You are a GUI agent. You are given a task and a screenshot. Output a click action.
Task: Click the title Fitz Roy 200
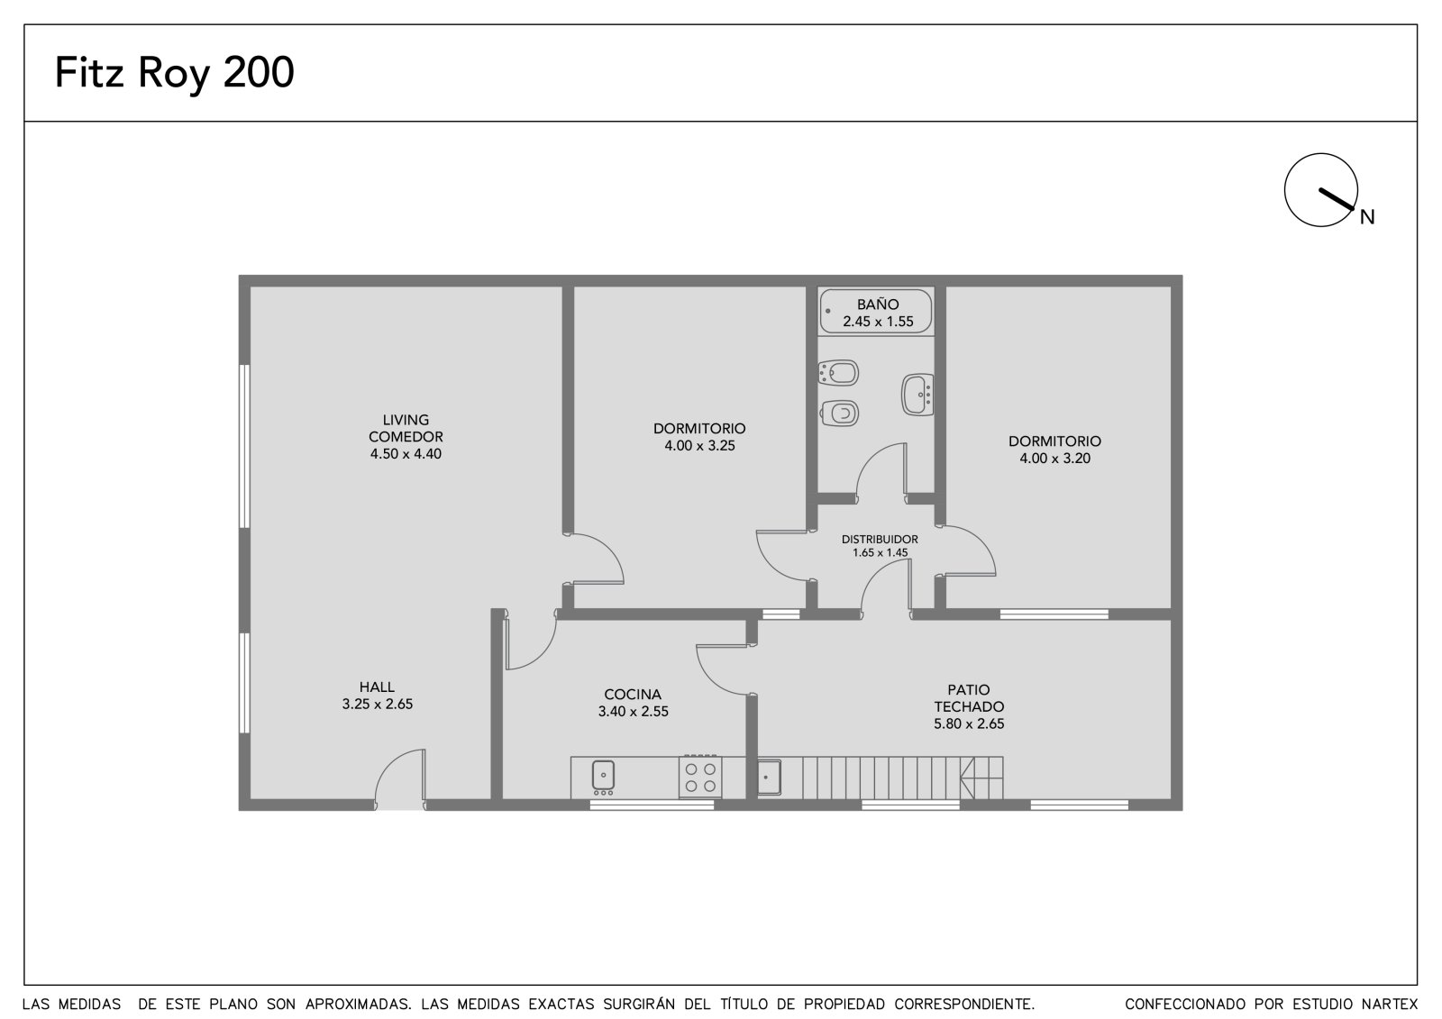click(175, 72)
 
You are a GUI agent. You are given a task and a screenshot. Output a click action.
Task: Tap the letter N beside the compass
click(1366, 217)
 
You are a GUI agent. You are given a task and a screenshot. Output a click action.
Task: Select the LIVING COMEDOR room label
click(406, 428)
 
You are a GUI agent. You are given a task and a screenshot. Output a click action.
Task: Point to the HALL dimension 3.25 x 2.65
click(378, 705)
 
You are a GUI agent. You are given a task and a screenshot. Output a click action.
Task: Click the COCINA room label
click(633, 695)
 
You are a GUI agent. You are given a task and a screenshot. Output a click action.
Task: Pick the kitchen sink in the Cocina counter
click(603, 776)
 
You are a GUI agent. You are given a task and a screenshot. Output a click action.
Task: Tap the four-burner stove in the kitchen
click(700, 777)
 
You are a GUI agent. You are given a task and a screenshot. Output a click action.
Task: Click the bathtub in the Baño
click(876, 311)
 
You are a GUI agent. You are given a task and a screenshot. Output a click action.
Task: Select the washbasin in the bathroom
click(918, 395)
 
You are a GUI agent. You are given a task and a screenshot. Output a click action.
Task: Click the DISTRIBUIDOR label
click(880, 540)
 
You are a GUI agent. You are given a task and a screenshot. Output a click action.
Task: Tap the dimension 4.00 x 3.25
click(699, 445)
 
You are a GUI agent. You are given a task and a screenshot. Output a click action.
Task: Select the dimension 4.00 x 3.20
click(1054, 459)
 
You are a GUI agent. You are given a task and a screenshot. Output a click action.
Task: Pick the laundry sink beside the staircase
click(769, 778)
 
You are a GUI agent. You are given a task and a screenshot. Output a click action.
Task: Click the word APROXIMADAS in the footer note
click(358, 1005)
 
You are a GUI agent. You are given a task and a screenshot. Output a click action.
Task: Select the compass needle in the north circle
click(1337, 199)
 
